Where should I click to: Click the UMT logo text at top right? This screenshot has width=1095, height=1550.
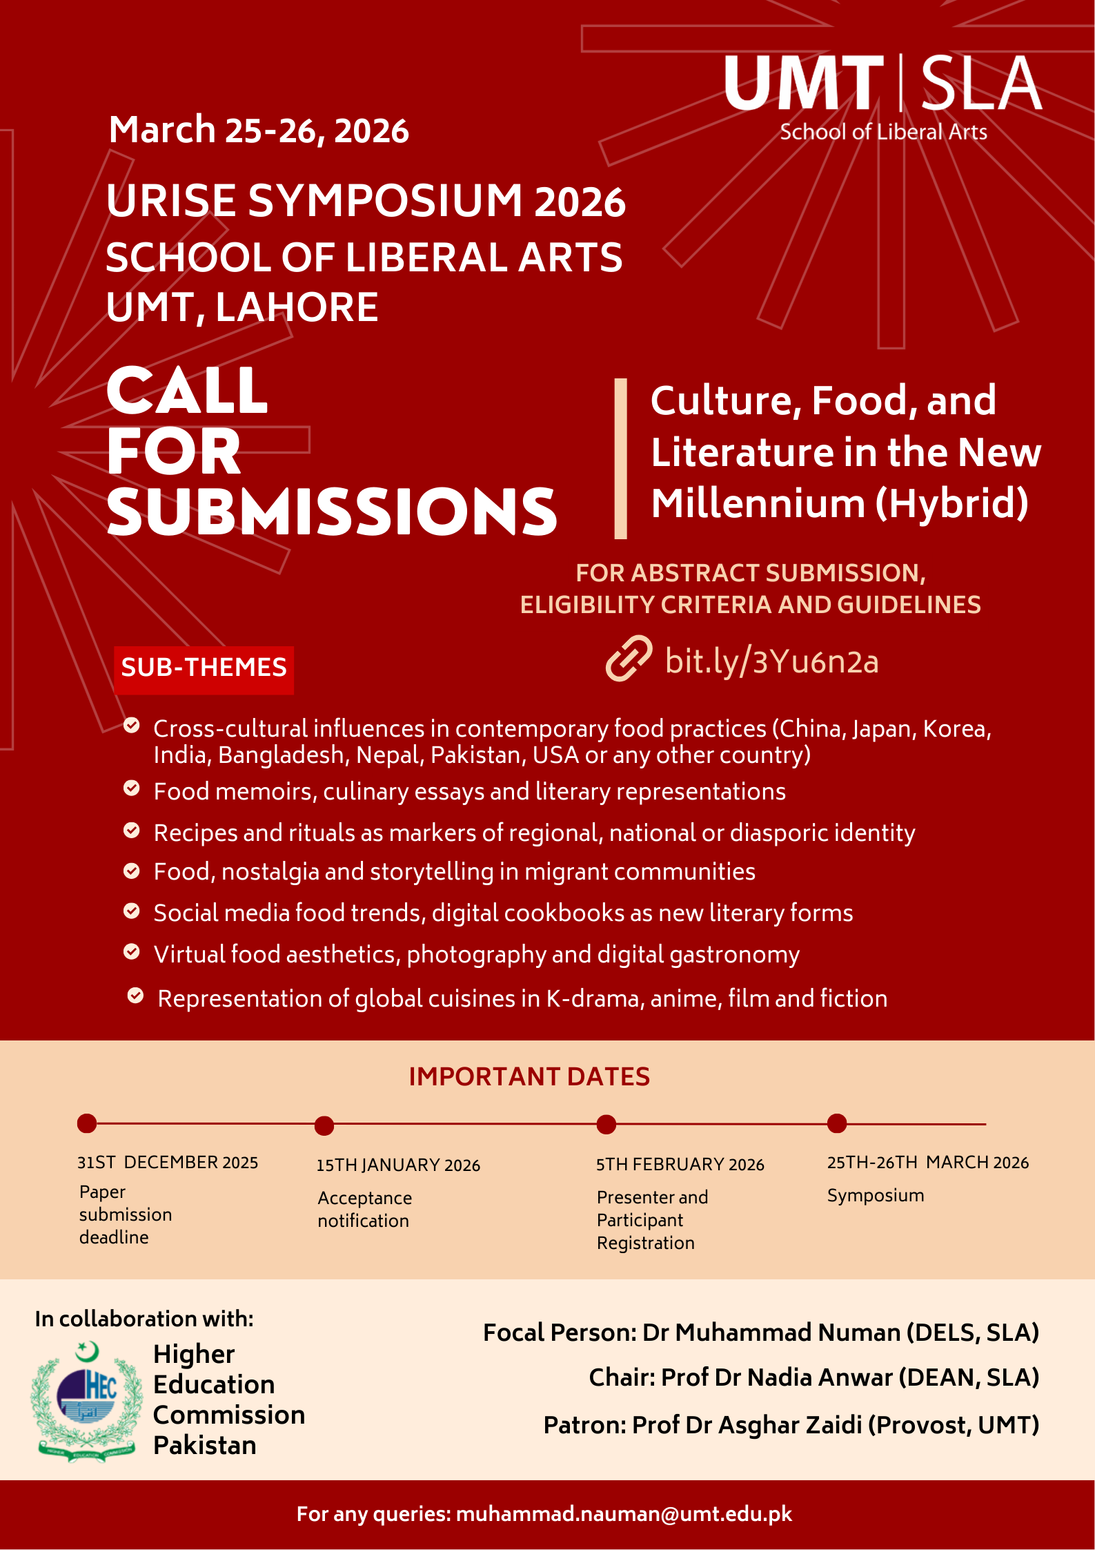[804, 84]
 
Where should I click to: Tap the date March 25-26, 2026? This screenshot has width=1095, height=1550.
[259, 130]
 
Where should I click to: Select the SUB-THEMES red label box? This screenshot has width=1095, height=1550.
[204, 668]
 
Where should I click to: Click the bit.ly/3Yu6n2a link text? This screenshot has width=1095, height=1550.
[771, 661]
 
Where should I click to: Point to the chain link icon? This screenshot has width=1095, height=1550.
[629, 659]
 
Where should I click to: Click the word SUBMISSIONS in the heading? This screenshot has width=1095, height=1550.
[331, 512]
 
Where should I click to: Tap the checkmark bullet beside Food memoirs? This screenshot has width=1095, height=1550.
[132, 788]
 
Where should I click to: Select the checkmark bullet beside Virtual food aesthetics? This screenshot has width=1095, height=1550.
[132, 952]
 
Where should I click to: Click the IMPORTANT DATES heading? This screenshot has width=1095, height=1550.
[529, 1077]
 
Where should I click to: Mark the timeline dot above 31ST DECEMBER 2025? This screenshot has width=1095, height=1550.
[87, 1123]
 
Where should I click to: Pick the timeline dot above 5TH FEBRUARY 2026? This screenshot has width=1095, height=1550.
[606, 1125]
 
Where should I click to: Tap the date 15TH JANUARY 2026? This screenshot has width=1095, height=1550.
[398, 1165]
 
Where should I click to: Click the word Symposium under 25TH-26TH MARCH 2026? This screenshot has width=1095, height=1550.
[875, 1196]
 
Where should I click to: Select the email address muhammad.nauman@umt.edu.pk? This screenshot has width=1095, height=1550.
[624, 1514]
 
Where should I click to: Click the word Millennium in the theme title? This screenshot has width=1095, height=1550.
[758, 503]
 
